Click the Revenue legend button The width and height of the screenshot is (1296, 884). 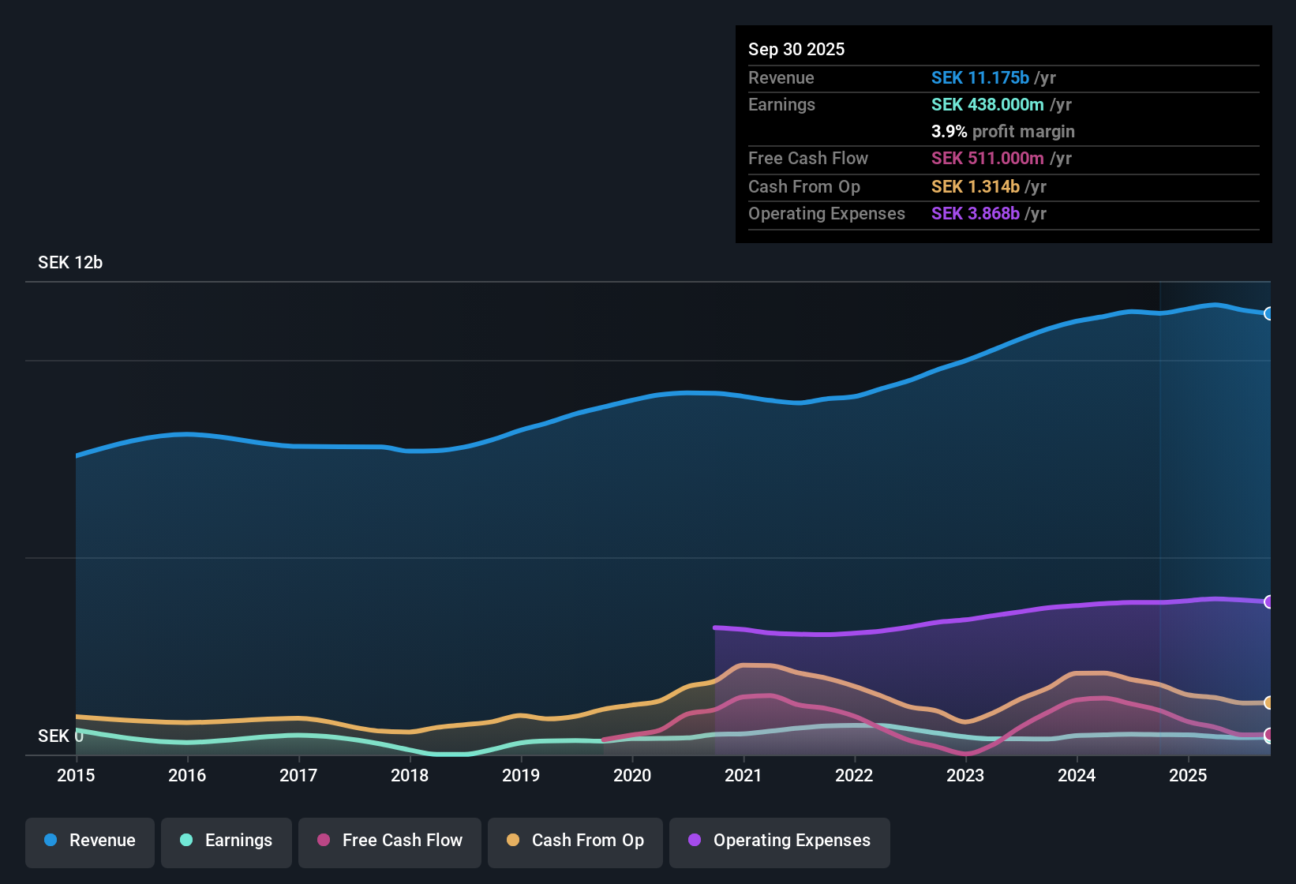click(x=90, y=841)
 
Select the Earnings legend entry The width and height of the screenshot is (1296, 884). click(x=227, y=841)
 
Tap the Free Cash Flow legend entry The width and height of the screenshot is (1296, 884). click(x=390, y=841)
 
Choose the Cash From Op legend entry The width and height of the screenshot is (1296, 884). click(x=575, y=841)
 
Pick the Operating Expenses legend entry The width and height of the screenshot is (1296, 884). click(x=780, y=841)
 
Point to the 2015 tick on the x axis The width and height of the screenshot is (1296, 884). click(x=76, y=775)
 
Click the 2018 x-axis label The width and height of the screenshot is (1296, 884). click(x=410, y=775)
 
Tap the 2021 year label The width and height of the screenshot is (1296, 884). click(x=744, y=775)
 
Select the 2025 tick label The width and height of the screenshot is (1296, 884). click(x=1188, y=775)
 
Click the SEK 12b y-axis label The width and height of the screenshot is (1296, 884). click(x=70, y=263)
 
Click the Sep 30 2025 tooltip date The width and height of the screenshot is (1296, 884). click(x=796, y=50)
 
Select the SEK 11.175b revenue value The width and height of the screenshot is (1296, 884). click(x=979, y=78)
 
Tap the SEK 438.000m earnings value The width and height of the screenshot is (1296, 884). click(x=987, y=105)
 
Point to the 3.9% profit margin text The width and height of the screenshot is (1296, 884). click(x=1002, y=132)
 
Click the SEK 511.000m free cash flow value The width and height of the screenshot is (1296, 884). click(x=987, y=159)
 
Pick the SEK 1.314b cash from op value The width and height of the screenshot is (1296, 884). click(x=975, y=187)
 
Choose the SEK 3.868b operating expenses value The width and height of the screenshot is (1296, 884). click(x=975, y=214)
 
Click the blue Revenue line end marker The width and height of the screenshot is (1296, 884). click(x=1269, y=313)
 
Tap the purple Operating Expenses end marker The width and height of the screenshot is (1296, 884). click(x=1269, y=602)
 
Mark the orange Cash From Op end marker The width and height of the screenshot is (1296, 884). click(x=1269, y=702)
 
